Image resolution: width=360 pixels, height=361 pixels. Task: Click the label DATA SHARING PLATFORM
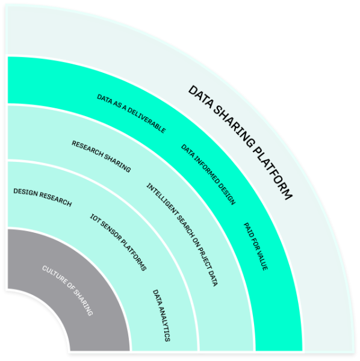(240, 142)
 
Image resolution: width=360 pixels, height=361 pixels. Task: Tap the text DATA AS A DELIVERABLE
(131, 114)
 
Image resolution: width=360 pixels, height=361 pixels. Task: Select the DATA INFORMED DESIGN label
(208, 174)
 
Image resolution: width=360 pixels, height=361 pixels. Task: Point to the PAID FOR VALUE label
(256, 246)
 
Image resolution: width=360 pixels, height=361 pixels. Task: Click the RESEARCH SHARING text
(101, 156)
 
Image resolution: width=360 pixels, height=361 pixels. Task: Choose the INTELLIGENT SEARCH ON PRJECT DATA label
(182, 235)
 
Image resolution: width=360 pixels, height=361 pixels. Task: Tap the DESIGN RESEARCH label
(43, 197)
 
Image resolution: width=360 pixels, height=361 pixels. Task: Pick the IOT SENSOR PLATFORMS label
(118, 242)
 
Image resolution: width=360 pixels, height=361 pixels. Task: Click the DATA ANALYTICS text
(161, 315)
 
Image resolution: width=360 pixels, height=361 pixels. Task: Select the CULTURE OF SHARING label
(67, 291)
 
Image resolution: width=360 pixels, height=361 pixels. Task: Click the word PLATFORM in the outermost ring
(273, 175)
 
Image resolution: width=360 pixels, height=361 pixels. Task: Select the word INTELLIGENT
(163, 200)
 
